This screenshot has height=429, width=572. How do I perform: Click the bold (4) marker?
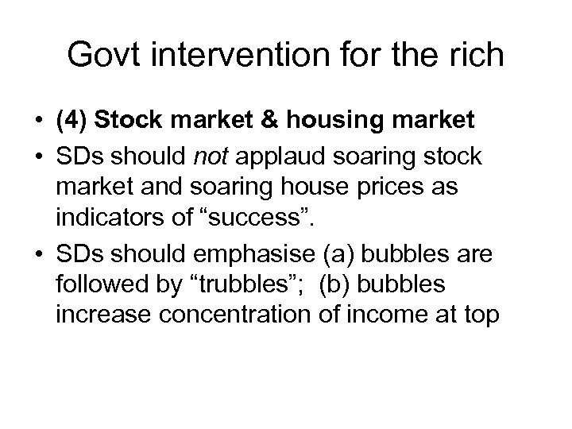click(x=72, y=122)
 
